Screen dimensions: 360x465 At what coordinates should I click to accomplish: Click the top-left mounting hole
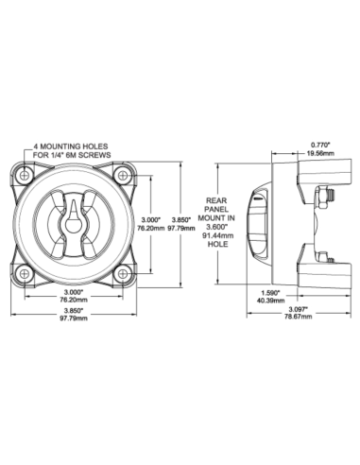[x=25, y=175]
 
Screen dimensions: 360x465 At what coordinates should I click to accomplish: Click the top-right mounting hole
[x=122, y=175]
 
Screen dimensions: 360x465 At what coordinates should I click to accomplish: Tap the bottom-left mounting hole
[x=25, y=274]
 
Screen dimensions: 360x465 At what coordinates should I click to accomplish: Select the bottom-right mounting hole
[x=122, y=274]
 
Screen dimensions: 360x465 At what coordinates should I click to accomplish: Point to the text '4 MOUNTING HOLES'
[x=71, y=146]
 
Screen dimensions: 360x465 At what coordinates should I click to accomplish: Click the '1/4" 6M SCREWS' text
[x=83, y=155]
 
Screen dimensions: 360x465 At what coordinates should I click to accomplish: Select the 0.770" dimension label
[x=320, y=145]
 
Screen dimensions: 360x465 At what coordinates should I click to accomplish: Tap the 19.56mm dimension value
[x=320, y=153]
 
